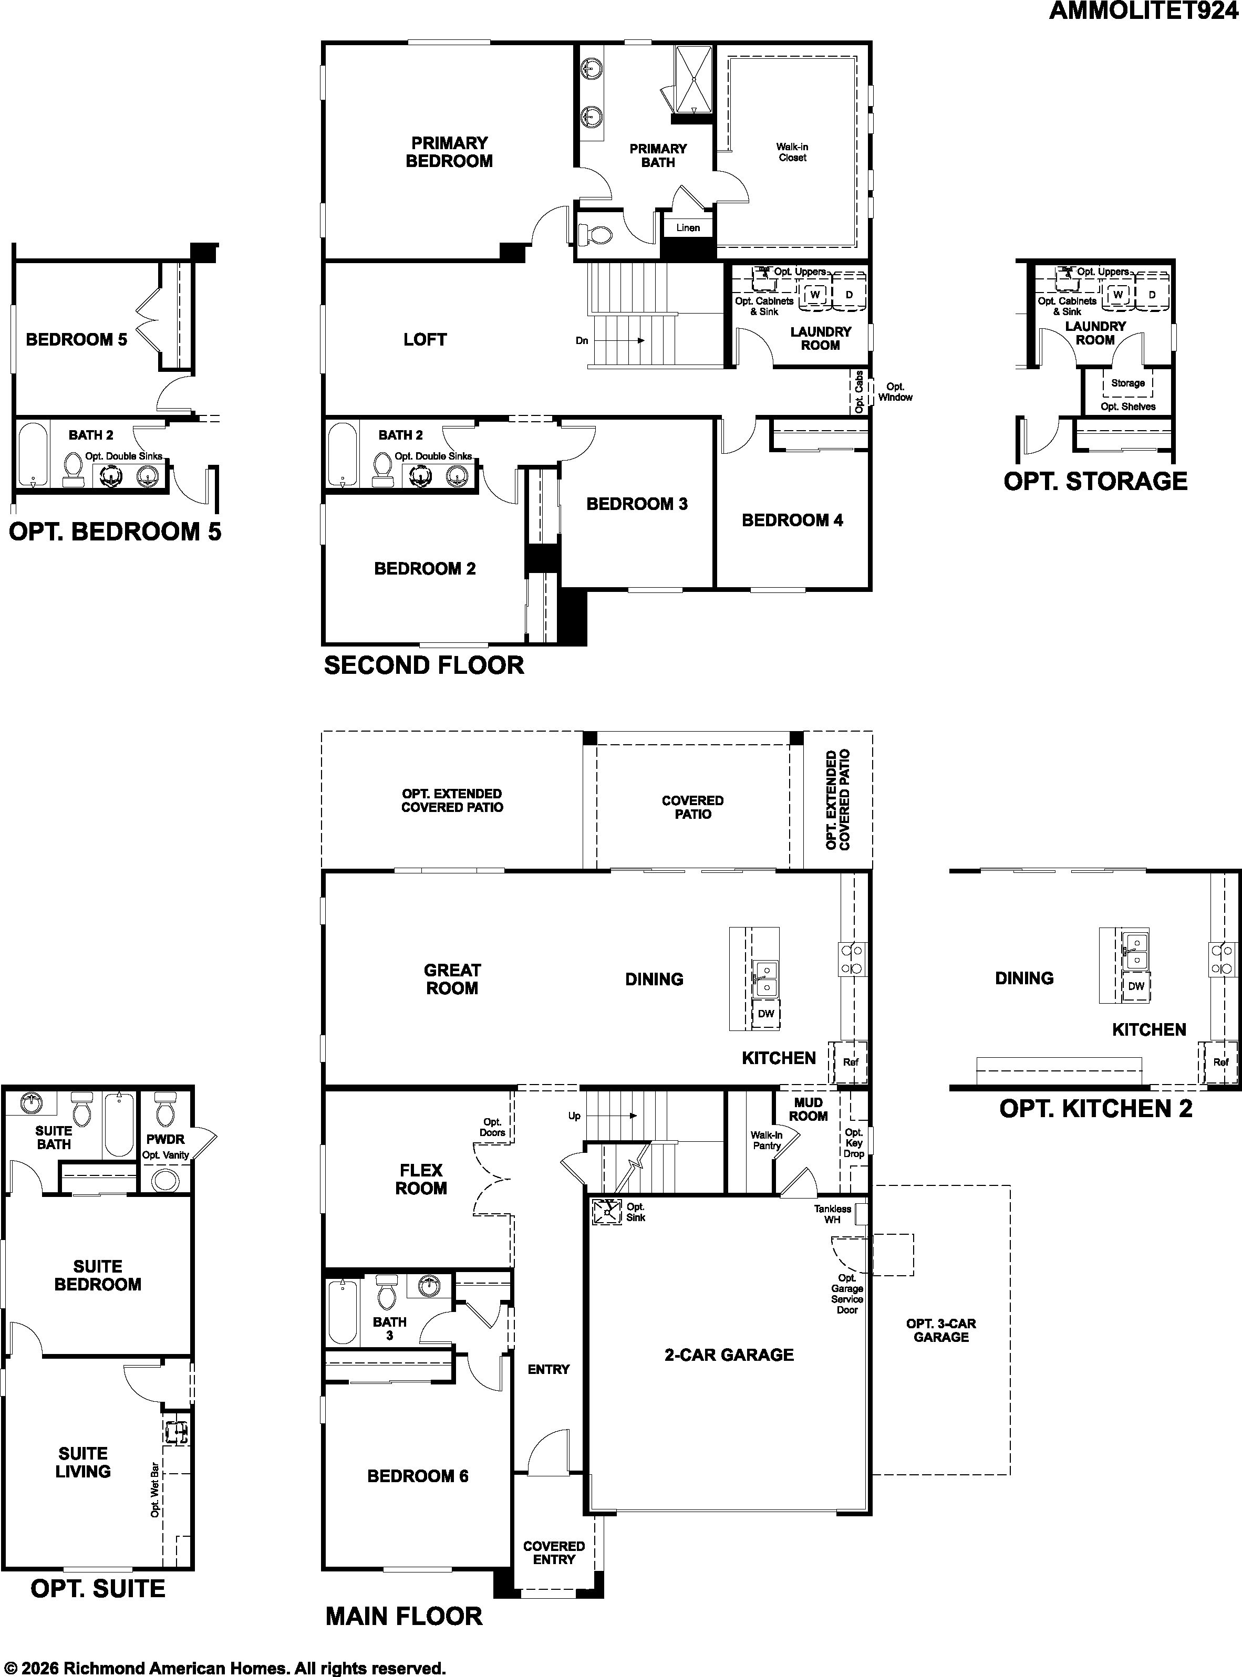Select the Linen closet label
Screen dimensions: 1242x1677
pos(688,228)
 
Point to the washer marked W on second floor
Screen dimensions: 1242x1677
pos(814,295)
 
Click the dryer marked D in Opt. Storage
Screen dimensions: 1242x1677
pos(1151,295)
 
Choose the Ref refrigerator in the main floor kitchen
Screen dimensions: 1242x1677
pos(850,1062)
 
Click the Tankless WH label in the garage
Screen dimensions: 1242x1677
pos(832,1214)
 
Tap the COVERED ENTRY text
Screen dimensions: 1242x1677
pos(554,1553)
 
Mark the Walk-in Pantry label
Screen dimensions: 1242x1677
pos(766,1140)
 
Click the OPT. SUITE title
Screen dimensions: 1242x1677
pos(98,1588)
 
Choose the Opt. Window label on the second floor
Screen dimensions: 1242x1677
pos(895,392)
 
